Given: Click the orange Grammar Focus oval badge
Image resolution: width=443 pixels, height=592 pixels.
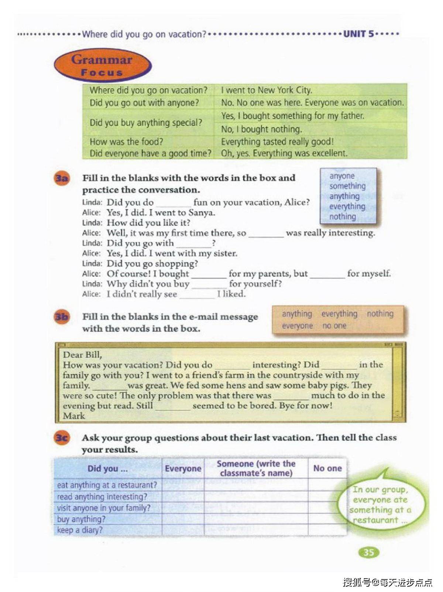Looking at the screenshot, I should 102,65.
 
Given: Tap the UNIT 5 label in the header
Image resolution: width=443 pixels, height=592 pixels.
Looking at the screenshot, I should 358,34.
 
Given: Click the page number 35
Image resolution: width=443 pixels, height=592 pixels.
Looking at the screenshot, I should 368,552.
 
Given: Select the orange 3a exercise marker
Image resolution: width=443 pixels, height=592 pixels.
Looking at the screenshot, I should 62,179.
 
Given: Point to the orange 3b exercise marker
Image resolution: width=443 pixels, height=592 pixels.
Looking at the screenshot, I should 62,317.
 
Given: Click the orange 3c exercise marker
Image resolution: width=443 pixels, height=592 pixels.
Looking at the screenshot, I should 62,438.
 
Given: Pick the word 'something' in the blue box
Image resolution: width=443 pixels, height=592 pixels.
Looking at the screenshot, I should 347,186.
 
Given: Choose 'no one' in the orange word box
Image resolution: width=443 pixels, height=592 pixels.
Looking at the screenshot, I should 334,326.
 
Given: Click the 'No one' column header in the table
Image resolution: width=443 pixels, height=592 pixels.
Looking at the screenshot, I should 327,468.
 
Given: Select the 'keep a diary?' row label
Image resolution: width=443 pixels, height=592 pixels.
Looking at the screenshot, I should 80,530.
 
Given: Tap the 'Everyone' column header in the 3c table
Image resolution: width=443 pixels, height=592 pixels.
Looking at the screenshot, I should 183,469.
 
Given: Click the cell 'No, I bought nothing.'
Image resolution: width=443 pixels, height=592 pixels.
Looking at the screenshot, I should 261,129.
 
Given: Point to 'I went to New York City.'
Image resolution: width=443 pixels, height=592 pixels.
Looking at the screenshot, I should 266,90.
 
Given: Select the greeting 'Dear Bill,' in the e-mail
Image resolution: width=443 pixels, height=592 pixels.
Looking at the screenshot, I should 82,355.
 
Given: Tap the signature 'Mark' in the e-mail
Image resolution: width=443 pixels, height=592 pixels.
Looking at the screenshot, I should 74,416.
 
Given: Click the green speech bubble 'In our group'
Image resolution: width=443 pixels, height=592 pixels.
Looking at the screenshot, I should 380,504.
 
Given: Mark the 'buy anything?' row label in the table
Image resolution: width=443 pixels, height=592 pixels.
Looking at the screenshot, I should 81,519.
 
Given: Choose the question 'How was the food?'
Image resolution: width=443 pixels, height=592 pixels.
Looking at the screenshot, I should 126,142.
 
